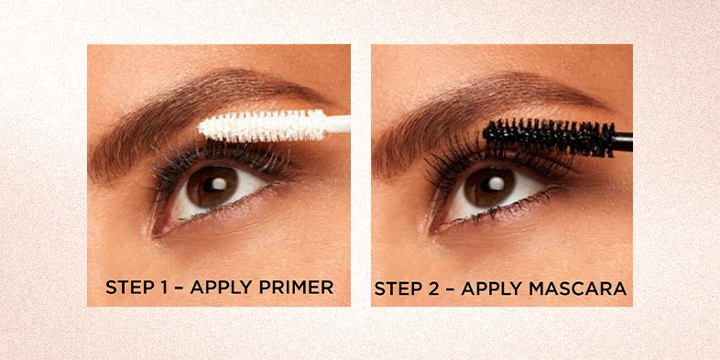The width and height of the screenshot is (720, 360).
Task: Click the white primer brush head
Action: click(263, 125)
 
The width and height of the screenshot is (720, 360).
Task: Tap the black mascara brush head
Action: click(550, 136)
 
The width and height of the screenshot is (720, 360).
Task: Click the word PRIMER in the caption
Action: click(296, 287)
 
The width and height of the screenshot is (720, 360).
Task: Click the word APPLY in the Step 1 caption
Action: click(222, 287)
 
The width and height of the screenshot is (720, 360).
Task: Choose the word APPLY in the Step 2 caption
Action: click(492, 289)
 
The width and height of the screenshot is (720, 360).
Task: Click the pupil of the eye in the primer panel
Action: click(213, 186)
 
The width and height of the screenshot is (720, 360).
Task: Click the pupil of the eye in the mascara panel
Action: click(489, 186)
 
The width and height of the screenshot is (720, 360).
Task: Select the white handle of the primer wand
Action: click(338, 124)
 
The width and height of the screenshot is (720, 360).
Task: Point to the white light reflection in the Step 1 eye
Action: click(220, 184)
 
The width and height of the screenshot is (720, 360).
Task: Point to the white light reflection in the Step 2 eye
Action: click(496, 184)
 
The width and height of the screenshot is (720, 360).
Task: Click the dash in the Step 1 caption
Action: click(180, 288)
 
